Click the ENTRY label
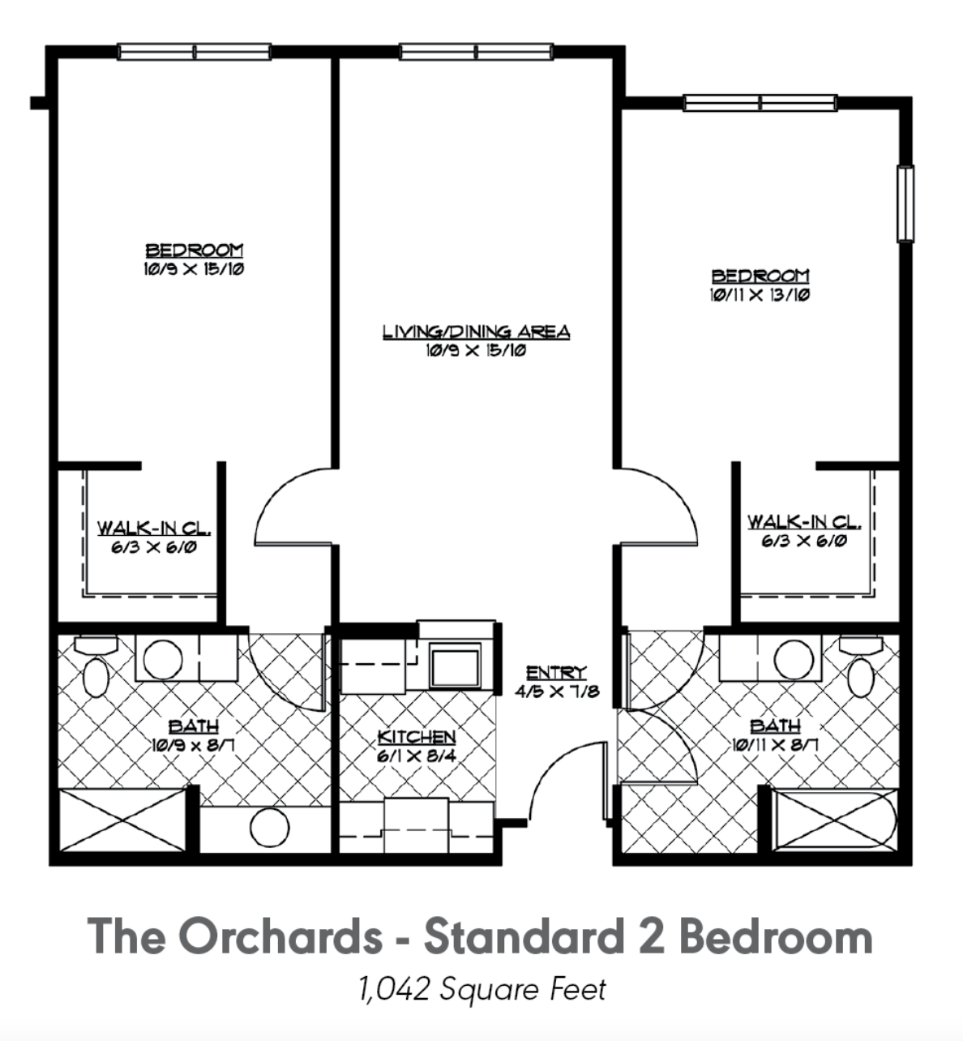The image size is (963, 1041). (x=556, y=672)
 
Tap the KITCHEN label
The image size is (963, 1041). (x=417, y=737)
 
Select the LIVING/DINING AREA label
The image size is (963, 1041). (x=476, y=332)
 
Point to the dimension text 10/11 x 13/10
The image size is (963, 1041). (x=760, y=296)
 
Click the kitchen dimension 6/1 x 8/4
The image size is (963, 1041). (x=417, y=756)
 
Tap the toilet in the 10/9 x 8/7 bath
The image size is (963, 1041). (x=96, y=666)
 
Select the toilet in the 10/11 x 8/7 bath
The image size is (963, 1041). (x=862, y=666)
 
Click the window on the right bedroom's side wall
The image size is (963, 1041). (x=905, y=203)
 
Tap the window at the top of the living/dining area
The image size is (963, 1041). (x=477, y=52)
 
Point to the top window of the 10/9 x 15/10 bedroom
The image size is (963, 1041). (x=194, y=52)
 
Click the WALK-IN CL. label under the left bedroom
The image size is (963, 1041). (x=154, y=528)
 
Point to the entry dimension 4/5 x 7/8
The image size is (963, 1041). (x=556, y=692)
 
